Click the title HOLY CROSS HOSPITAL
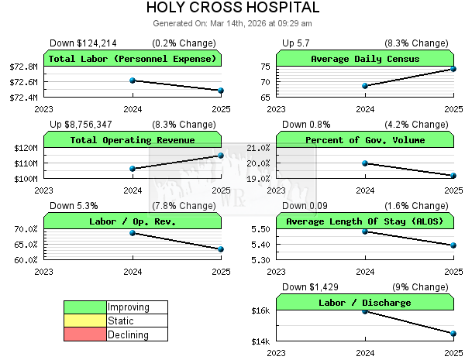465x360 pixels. pyautogui.click(x=232, y=8)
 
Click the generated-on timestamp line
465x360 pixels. pyautogui.click(x=232, y=23)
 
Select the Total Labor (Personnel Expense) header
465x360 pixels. pyautogui.click(x=133, y=59)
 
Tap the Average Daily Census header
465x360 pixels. pyautogui.click(x=364, y=59)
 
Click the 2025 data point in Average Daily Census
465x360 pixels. pyautogui.click(x=453, y=69)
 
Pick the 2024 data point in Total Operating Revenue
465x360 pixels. pyautogui.click(x=133, y=168)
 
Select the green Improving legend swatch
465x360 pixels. pyautogui.click(x=85, y=307)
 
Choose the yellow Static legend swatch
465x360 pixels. pyautogui.click(x=85, y=321)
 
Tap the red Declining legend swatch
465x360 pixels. pyautogui.click(x=85, y=334)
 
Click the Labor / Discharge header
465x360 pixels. pyautogui.click(x=364, y=303)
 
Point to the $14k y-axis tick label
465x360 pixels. pyautogui.click(x=260, y=341)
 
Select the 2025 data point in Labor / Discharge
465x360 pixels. pyautogui.click(x=453, y=334)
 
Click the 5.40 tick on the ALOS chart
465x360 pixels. pyautogui.click(x=259, y=245)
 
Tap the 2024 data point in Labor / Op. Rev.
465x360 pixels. pyautogui.click(x=133, y=232)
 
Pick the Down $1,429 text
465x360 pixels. pyautogui.click(x=308, y=286)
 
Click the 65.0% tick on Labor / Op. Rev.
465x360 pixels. pyautogui.click(x=26, y=245)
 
